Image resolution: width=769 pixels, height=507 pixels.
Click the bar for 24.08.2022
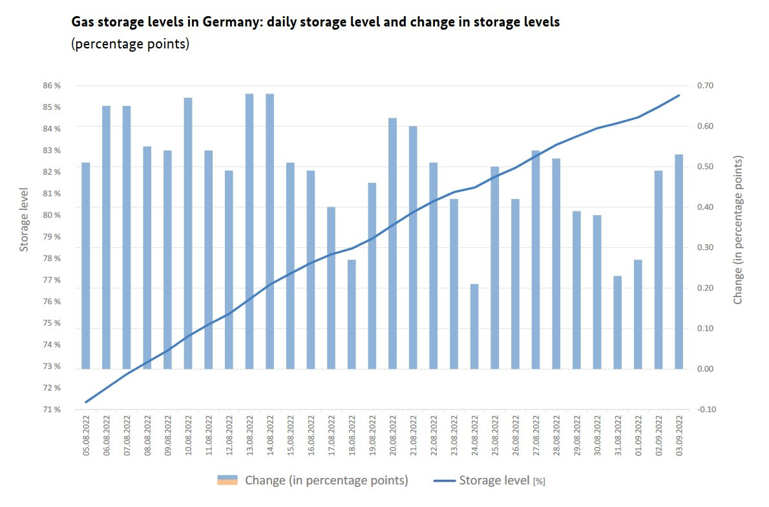(474, 326)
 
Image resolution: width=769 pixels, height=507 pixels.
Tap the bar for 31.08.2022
(618, 322)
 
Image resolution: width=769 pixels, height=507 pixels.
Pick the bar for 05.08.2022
(86, 265)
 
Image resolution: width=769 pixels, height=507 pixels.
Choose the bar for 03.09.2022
(679, 262)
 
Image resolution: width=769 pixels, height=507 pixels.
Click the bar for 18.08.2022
(352, 314)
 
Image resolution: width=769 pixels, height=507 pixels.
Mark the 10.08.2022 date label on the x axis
(189, 435)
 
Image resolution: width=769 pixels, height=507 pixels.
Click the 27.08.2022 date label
(536, 435)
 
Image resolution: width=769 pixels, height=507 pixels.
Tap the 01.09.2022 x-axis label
(638, 435)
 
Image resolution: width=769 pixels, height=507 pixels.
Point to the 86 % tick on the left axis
(52, 85)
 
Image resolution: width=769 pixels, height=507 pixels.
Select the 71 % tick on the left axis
(52, 409)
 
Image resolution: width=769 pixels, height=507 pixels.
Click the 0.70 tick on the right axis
(705, 85)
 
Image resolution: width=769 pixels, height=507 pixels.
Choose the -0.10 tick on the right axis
(705, 409)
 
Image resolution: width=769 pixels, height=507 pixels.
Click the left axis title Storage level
(24, 220)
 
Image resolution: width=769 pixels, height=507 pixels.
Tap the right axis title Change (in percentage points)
(738, 230)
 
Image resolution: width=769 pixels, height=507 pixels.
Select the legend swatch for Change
(227, 480)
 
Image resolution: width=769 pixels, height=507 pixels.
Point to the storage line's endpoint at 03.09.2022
(679, 95)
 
